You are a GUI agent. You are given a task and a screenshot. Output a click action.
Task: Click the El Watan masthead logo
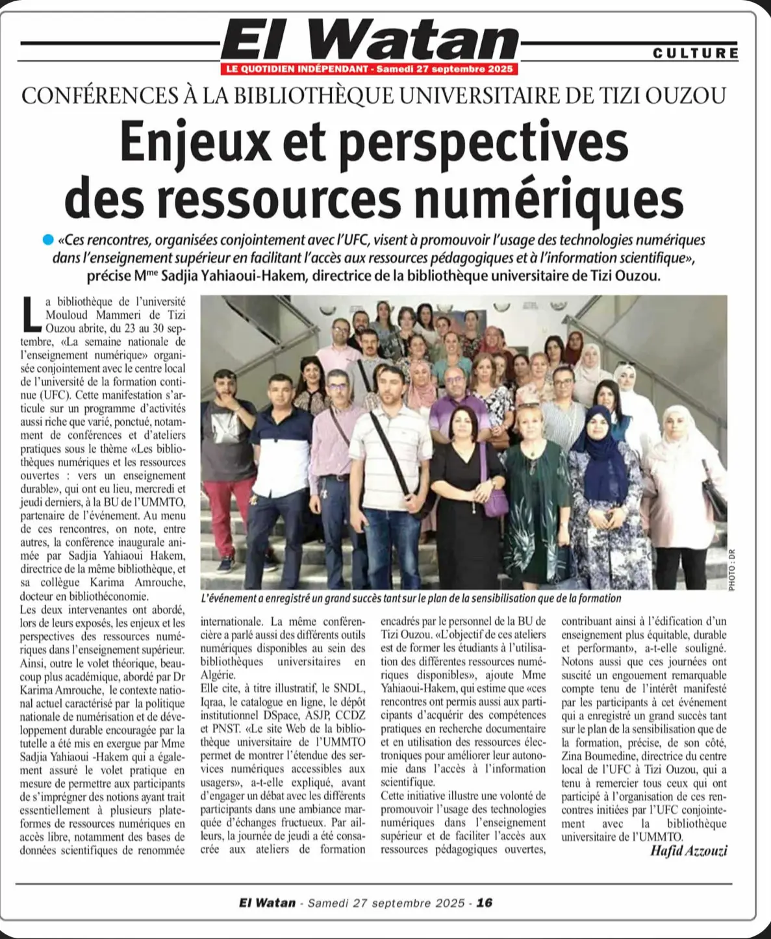pos(370,40)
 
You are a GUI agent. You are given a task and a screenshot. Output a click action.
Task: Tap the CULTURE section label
pos(696,53)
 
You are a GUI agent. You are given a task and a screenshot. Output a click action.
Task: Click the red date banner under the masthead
pos(370,69)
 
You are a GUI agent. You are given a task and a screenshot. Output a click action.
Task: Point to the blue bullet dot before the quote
pos(47,240)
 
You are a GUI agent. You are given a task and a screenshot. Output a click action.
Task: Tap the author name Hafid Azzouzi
pos(688,851)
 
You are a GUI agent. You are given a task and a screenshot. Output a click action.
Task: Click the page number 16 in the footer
pos(485,903)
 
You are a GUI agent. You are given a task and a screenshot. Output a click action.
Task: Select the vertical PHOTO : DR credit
pos(732,570)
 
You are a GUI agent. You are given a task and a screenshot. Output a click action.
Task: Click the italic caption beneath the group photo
pos(411,598)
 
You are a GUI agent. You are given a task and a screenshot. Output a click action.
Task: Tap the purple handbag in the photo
pos(496,501)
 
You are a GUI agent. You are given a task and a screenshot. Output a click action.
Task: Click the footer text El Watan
pos(267,903)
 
